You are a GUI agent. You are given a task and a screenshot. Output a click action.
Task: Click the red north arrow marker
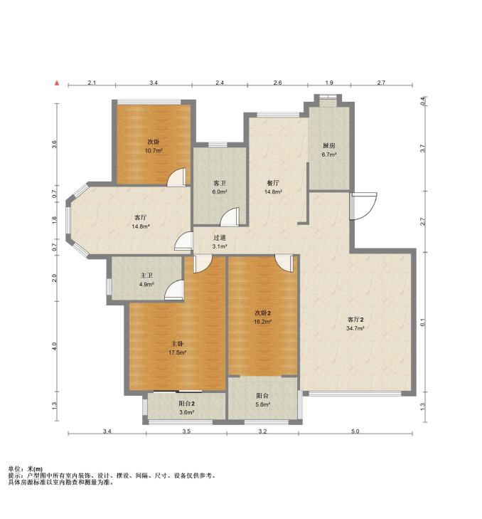click(57, 83)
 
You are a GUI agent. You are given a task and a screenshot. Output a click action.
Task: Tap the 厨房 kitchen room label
click(329, 145)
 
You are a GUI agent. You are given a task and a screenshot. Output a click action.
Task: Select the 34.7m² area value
click(355, 328)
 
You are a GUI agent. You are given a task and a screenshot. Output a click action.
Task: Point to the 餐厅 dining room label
click(273, 183)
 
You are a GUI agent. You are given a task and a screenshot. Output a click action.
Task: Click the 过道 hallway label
click(220, 237)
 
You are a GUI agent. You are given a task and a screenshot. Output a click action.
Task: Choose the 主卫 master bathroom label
click(146, 275)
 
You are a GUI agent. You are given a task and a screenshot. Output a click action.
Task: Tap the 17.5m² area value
click(178, 352)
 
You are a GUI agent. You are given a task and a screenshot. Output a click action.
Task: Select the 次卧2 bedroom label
click(264, 313)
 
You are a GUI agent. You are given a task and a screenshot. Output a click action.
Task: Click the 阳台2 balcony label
click(186, 404)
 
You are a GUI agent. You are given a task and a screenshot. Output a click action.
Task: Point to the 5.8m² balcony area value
click(263, 404)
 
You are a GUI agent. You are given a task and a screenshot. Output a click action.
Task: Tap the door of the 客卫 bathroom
click(230, 217)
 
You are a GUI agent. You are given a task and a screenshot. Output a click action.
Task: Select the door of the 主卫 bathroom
click(174, 290)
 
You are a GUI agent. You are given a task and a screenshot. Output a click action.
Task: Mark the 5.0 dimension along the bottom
click(355, 431)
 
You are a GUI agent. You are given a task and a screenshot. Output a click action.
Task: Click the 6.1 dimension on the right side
click(422, 323)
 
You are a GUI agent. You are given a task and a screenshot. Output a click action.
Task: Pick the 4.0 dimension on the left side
click(55, 346)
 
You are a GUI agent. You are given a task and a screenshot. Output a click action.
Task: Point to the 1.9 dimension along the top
click(329, 83)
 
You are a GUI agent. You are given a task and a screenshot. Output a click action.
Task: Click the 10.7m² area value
click(154, 151)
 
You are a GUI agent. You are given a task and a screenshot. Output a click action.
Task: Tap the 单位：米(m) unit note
click(26, 469)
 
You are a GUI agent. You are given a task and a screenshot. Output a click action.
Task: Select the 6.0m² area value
click(220, 192)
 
